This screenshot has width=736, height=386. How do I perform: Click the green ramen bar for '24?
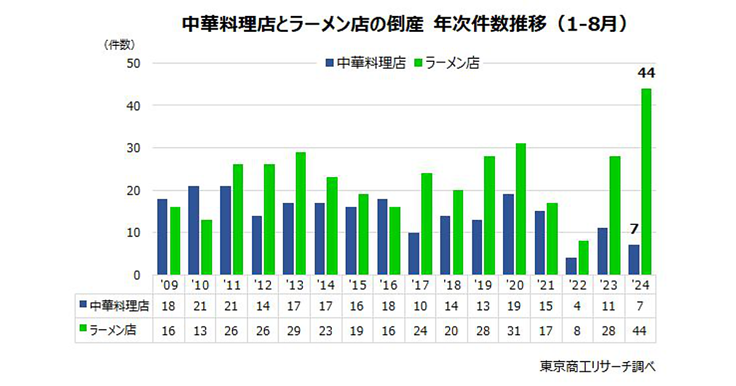(646, 181)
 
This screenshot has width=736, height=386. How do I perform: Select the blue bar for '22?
(570, 266)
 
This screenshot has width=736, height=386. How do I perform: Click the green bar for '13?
(301, 213)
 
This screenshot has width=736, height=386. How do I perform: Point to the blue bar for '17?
(413, 253)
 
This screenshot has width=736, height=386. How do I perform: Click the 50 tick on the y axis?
(134, 63)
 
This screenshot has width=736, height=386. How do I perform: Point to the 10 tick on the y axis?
(134, 232)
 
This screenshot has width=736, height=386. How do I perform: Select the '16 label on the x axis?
(388, 286)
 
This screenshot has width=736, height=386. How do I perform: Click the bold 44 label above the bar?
(646, 74)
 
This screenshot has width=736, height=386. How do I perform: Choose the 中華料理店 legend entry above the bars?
(366, 62)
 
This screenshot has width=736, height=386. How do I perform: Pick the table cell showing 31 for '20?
(514, 331)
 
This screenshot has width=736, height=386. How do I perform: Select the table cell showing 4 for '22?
(577, 305)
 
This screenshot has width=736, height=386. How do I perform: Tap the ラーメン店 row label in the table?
(112, 331)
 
